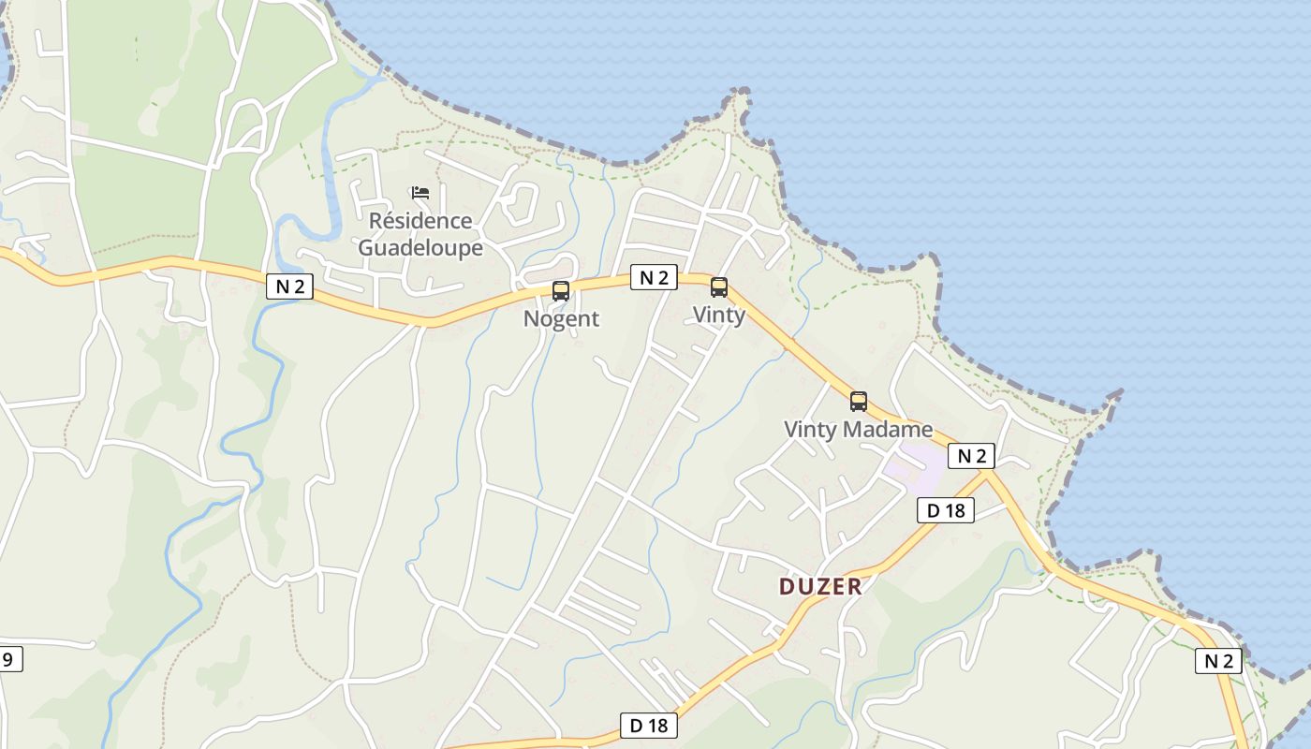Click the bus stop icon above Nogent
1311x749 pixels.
click(561, 290)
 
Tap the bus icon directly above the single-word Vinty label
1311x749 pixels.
click(719, 287)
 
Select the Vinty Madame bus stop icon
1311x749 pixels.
click(859, 402)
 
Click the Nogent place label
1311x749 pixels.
click(561, 318)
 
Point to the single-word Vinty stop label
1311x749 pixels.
click(719, 315)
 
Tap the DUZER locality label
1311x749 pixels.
click(820, 587)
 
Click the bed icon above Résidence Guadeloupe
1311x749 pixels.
click(420, 193)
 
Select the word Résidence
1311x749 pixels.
click(420, 221)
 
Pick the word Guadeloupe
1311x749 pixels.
click(420, 248)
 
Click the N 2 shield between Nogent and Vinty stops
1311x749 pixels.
click(654, 277)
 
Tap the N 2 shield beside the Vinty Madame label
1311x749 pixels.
click(971, 456)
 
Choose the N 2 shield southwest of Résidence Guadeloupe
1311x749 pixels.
click(290, 286)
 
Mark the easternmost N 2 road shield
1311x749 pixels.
click(1218, 661)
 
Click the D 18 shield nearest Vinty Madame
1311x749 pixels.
click(946, 510)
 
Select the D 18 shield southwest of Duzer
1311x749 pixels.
click(649, 725)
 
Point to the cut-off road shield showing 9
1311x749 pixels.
click(8, 659)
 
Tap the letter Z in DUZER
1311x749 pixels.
click(821, 587)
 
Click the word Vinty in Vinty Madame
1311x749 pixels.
click(810, 430)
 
